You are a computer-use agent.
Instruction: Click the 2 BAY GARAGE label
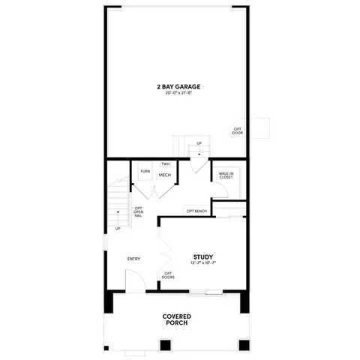point(178,87)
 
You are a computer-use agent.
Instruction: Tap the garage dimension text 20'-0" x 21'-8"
point(178,94)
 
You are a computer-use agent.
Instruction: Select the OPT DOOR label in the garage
point(237,131)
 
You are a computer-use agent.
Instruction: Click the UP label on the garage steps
point(199,143)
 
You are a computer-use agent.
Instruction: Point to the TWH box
point(165,163)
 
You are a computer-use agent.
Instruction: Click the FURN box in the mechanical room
point(144,172)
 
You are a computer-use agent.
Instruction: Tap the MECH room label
point(166,175)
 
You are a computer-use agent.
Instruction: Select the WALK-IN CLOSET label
point(227,175)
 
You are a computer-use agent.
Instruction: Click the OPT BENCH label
point(196,211)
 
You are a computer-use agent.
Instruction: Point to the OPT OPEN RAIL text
point(138,213)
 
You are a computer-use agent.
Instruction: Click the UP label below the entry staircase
point(118,229)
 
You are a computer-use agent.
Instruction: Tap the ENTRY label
point(133,259)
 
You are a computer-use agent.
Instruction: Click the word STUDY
point(203,256)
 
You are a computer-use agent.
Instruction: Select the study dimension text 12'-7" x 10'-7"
point(203,263)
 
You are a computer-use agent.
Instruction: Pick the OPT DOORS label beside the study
point(168,275)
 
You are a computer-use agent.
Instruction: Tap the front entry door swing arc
point(130,283)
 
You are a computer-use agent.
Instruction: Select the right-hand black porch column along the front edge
point(243,345)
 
